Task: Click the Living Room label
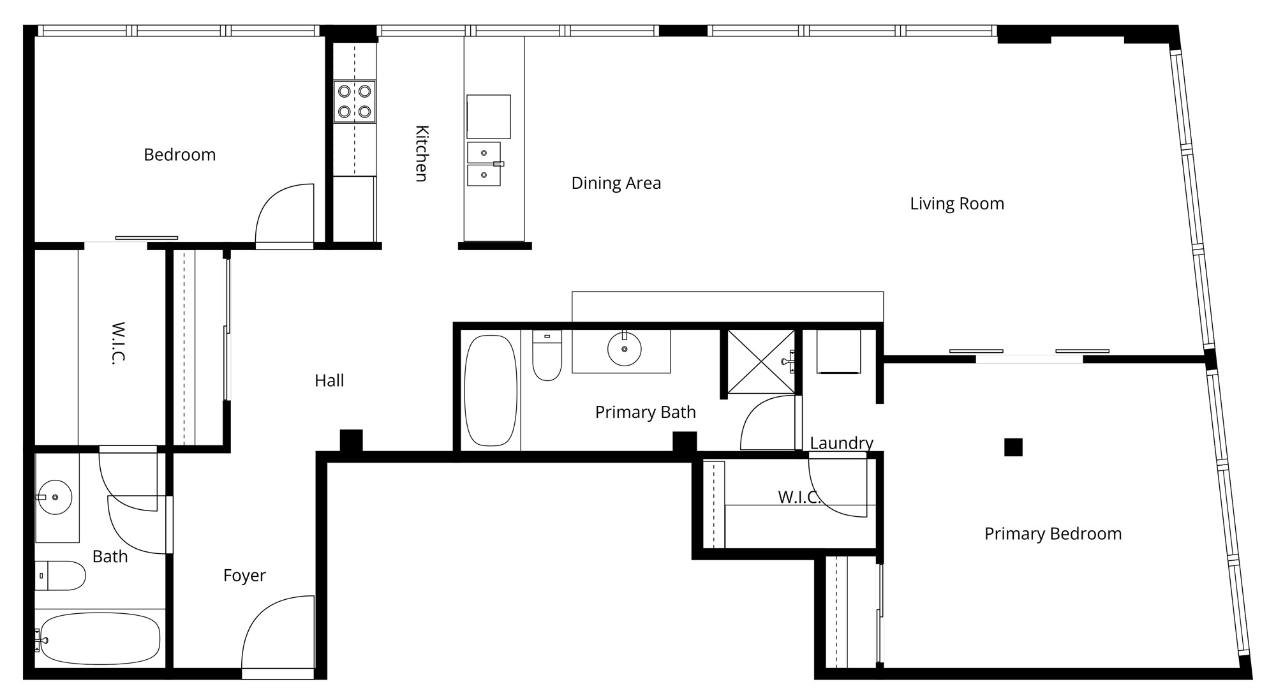tap(957, 204)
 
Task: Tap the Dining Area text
tap(616, 183)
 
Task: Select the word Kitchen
tap(422, 154)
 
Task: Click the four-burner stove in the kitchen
tap(355, 101)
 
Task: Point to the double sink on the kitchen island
tap(484, 164)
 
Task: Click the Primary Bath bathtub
tap(491, 391)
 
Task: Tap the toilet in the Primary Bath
tap(547, 355)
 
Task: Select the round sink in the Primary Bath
tap(624, 349)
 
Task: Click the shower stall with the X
tap(761, 361)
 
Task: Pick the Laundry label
tap(842, 443)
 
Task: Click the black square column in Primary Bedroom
tap(1013, 447)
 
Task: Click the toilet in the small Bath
tap(60, 576)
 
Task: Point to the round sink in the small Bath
tap(55, 497)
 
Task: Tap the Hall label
tap(329, 381)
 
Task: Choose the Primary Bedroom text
tap(1053, 534)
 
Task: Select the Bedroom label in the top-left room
tap(179, 155)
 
